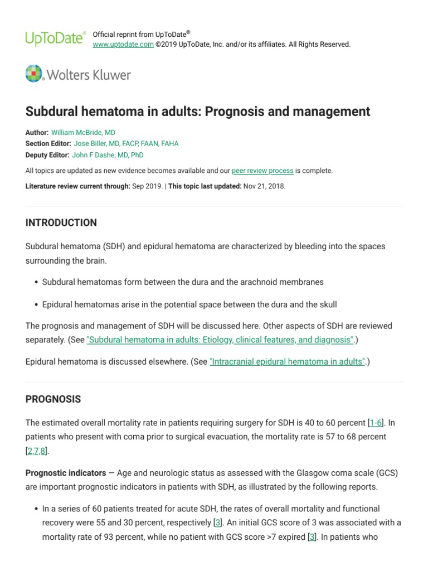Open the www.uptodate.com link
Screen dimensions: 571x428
tap(123, 45)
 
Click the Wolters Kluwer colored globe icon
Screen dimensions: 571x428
tap(34, 74)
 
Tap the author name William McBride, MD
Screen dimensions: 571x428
tap(83, 133)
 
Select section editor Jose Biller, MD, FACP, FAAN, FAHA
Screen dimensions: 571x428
tap(127, 143)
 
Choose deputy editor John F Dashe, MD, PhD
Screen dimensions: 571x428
tap(108, 155)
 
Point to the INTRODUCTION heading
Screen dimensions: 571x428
tap(61, 222)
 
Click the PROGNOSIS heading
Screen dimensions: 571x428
tap(53, 399)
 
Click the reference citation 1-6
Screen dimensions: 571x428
tap(376, 422)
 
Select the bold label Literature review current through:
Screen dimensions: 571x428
tap(78, 186)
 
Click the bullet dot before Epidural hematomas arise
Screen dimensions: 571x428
tap(36, 304)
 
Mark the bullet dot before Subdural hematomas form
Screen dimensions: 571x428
tap(36, 282)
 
